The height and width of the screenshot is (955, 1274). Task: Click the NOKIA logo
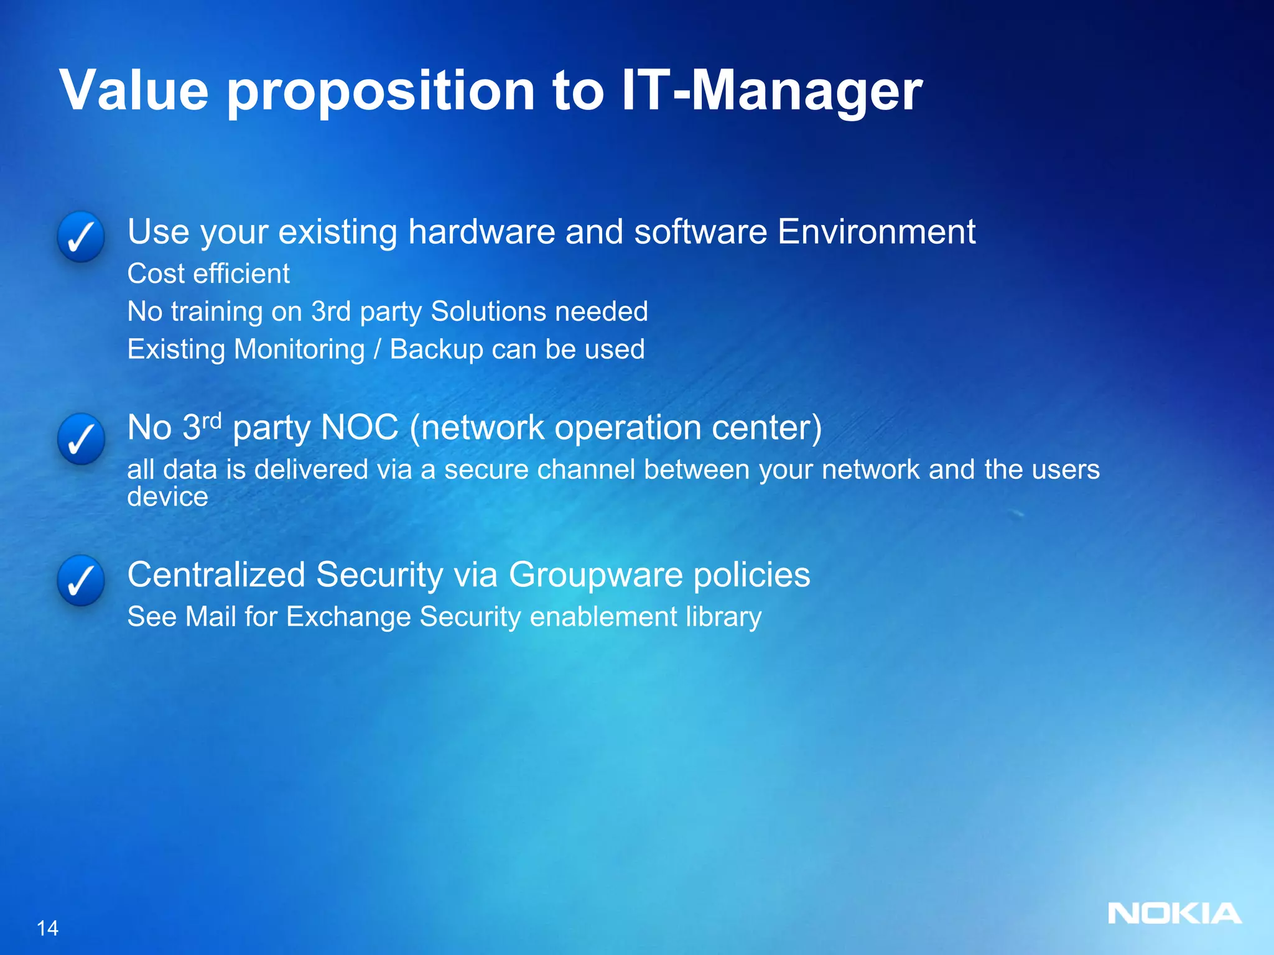coord(1174,913)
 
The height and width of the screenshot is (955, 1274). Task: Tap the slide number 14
coord(47,928)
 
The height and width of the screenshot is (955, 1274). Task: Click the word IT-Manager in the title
coord(771,91)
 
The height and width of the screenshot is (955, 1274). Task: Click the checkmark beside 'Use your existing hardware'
coord(81,237)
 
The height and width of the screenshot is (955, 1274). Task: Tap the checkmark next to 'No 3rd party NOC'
coord(81,439)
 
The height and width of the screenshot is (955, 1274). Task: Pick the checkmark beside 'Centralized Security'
coord(81,581)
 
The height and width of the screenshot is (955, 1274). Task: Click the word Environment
coord(876,232)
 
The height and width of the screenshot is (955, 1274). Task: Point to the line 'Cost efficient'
coord(208,274)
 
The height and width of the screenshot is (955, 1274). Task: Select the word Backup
coord(436,349)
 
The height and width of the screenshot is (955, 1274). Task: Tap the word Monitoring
coord(299,350)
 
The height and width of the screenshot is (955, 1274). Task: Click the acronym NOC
coord(360,428)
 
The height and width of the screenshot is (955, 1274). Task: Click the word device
coord(167,497)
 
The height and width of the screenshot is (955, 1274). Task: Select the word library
coord(723,617)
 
